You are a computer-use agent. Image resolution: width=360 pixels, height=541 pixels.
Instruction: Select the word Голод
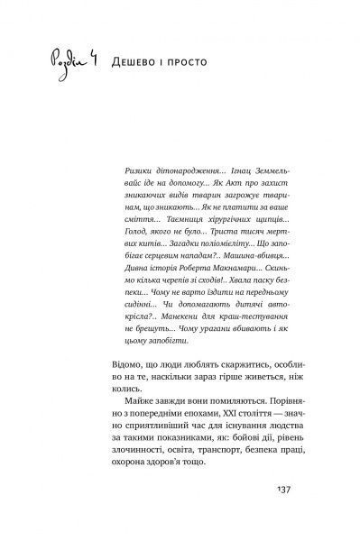[132, 234]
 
